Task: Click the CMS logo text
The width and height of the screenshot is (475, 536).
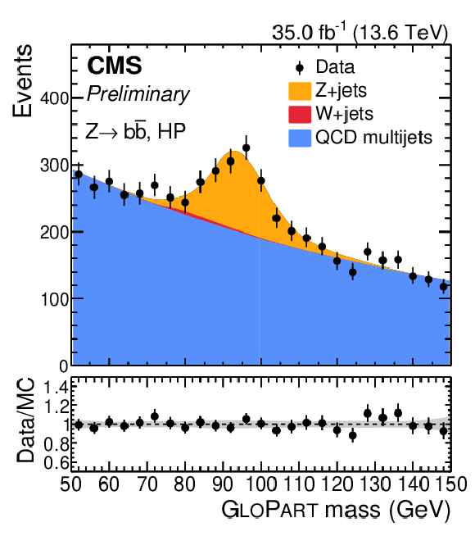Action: coord(115,66)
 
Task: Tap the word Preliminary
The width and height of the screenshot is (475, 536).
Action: coord(138,94)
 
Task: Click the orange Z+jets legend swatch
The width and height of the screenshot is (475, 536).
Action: coord(300,91)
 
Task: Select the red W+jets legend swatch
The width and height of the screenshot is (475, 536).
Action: coord(300,114)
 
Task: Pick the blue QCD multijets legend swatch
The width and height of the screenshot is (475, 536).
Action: coord(300,138)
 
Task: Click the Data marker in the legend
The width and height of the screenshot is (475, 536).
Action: coord(300,68)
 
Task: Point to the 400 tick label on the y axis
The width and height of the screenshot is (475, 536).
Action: coord(55,98)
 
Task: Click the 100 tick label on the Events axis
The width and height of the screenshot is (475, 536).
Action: coord(55,299)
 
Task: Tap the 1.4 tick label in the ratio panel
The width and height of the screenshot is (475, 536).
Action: coord(56,388)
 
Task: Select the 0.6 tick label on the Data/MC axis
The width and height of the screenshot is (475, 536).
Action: coord(56,463)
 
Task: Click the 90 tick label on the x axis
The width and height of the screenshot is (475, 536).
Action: coord(223,484)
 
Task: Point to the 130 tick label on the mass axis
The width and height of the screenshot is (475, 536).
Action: coord(374,484)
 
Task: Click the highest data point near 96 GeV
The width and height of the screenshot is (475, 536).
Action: coord(247,148)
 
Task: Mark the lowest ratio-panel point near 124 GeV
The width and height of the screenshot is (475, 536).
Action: coord(353,435)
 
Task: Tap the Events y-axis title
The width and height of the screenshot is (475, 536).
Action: coord(23,80)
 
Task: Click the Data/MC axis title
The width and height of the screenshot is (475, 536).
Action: coord(26,420)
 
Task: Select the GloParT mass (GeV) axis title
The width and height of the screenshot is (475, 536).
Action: coord(337,510)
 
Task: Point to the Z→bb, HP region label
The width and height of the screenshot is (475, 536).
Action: coord(136,130)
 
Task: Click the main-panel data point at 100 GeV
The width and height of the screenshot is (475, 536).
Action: coord(261,180)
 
